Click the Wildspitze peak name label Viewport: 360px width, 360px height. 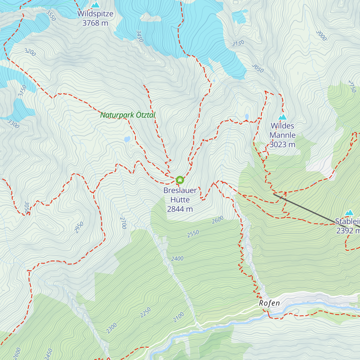coord(95,14)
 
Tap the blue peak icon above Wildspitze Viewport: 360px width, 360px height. coord(95,5)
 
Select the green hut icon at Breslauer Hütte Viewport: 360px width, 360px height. coord(180,180)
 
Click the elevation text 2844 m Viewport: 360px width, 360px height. coord(180,209)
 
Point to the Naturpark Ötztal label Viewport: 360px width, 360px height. coord(128,115)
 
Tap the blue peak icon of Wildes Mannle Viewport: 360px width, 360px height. coord(282,117)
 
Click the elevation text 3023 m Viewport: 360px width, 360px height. coord(282,145)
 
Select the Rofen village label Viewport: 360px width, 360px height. coord(269,303)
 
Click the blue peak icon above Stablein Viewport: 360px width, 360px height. coord(349,213)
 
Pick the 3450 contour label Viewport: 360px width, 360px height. coord(139,36)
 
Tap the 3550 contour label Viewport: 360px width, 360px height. coord(51,16)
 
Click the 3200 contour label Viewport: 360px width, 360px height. coord(30,52)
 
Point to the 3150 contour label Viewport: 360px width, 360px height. coord(238,43)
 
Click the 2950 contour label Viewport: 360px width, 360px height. coord(79,227)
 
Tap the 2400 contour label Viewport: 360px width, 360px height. coord(177,259)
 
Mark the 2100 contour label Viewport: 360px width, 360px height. coord(178,317)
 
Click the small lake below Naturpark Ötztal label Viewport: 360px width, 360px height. coord(127,139)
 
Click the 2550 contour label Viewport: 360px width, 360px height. coord(193,234)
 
